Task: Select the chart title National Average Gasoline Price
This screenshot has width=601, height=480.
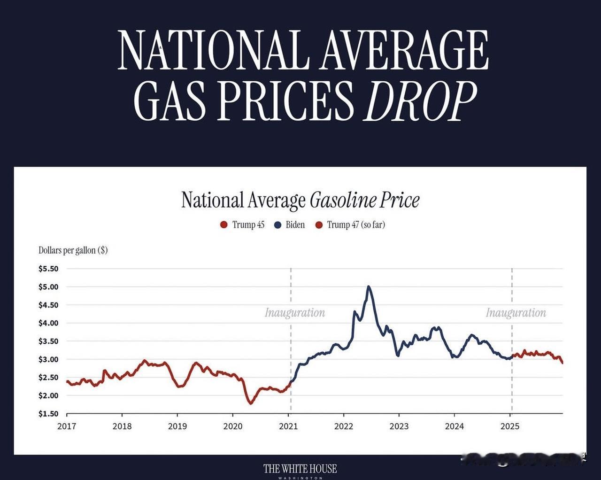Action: tap(300, 200)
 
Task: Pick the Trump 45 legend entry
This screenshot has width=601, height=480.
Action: tap(243, 225)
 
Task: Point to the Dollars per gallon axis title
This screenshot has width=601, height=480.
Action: tap(73, 250)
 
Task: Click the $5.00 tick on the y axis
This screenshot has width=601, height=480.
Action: tap(48, 287)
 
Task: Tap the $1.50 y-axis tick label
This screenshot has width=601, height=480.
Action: tap(48, 414)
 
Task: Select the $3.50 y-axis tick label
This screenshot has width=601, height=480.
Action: tap(48, 341)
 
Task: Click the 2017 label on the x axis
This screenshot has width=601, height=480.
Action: tap(67, 426)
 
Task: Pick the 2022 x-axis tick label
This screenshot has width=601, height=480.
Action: tap(344, 426)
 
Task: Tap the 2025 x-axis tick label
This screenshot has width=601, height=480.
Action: tap(510, 426)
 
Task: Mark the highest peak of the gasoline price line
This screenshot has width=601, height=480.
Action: tap(369, 286)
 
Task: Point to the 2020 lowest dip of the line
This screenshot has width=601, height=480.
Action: tap(250, 403)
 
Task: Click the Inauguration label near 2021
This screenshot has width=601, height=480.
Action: tap(295, 313)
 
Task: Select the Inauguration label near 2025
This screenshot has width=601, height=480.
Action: tap(516, 313)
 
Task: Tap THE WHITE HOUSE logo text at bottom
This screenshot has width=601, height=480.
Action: tap(300, 469)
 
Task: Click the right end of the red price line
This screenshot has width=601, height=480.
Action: tap(562, 363)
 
